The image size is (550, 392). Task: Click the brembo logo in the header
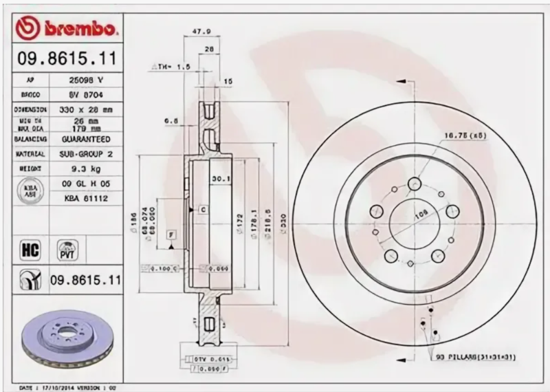pyautogui.click(x=67, y=29)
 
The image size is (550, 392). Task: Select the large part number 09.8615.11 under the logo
pyautogui.click(x=66, y=59)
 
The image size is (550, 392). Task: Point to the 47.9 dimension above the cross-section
pyautogui.click(x=200, y=31)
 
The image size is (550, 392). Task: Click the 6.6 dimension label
pyautogui.click(x=170, y=120)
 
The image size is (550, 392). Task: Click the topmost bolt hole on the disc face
pyautogui.click(x=414, y=184)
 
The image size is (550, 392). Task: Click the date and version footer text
pyautogui.click(x=65, y=387)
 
